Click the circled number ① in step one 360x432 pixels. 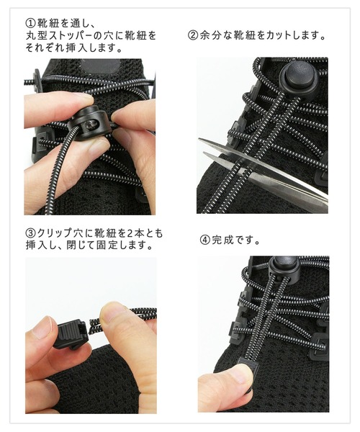tap(30, 23)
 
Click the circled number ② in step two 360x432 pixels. tap(193, 35)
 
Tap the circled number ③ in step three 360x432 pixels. tap(30, 233)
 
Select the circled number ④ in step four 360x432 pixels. tap(204, 240)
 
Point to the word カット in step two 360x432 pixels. tap(278, 35)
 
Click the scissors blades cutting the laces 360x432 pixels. tap(263, 169)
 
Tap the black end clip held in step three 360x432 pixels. tap(71, 333)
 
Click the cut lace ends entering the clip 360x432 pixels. tap(94, 323)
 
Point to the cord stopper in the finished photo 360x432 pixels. tap(284, 265)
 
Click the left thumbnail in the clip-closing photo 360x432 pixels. tap(42, 327)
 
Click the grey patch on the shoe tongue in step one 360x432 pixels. tap(101, 66)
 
